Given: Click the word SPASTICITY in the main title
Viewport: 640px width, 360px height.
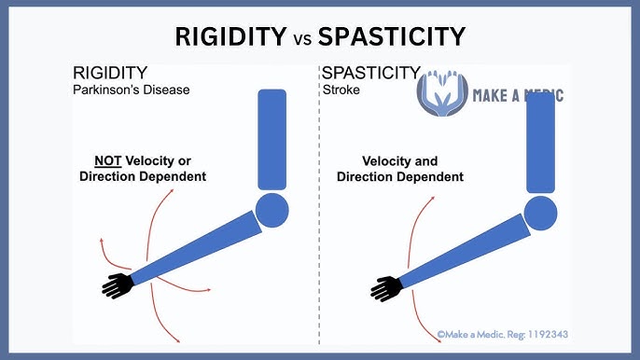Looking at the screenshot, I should click(x=391, y=36).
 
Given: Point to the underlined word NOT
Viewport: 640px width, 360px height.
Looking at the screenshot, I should click(x=110, y=159).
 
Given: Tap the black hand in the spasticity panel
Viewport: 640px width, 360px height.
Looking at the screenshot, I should click(x=387, y=286).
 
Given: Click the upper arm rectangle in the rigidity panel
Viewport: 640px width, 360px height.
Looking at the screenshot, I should click(x=271, y=140).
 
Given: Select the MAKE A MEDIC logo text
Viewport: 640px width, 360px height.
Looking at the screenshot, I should click(x=518, y=96).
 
